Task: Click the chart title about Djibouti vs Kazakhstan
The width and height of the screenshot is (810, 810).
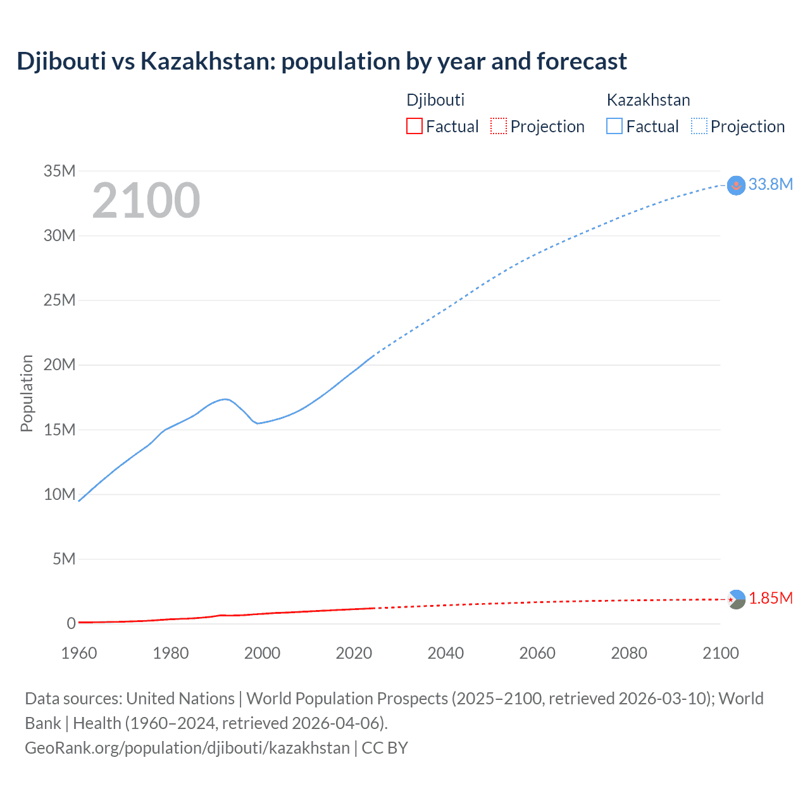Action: coord(321,61)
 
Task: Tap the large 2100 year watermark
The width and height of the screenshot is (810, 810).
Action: coord(146,201)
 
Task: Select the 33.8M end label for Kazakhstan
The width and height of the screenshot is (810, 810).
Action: coord(770,184)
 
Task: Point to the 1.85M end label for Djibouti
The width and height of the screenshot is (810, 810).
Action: coord(771,598)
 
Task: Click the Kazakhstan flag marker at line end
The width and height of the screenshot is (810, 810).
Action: coord(736,185)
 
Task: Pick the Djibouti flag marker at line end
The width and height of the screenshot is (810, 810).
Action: coord(736,599)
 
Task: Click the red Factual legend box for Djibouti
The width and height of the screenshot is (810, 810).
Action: coord(414,127)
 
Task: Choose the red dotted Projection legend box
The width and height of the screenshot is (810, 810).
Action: coord(499,127)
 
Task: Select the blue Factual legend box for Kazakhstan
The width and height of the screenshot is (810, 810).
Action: coord(614,127)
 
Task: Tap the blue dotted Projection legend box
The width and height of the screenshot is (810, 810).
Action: coord(699,127)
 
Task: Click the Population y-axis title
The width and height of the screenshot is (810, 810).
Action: coord(27,393)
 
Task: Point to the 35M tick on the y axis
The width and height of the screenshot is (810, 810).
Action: coord(59,171)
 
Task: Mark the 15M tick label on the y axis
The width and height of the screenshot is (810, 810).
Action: coord(59,430)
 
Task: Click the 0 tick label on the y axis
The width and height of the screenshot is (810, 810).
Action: coord(71,623)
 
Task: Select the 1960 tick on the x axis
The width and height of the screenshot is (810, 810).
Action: coord(79,653)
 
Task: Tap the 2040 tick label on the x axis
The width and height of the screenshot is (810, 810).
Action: coord(445,653)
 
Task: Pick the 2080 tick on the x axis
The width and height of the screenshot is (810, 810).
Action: coord(629,653)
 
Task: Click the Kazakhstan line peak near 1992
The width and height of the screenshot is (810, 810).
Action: coord(225,399)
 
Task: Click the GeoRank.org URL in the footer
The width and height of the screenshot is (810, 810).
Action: coord(187,747)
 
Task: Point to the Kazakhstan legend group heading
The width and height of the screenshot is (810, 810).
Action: coord(648,100)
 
